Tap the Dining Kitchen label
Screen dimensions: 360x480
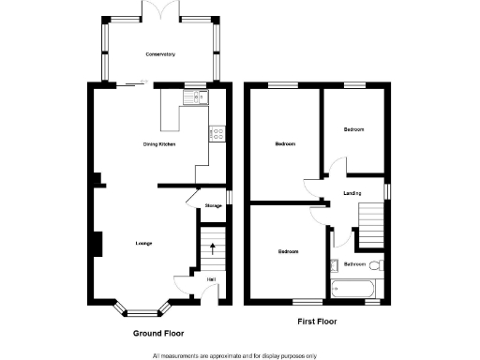(158, 144)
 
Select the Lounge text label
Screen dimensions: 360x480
(143, 244)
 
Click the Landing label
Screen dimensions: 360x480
(352, 194)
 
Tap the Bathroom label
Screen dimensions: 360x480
(354, 264)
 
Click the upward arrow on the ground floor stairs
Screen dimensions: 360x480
(214, 249)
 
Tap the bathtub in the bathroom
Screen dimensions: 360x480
(355, 289)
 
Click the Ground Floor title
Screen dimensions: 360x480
(157, 332)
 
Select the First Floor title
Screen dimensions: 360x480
(317, 322)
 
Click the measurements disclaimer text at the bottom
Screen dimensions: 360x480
(234, 355)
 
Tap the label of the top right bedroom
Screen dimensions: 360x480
(352, 129)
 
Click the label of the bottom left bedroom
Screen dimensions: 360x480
(287, 252)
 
